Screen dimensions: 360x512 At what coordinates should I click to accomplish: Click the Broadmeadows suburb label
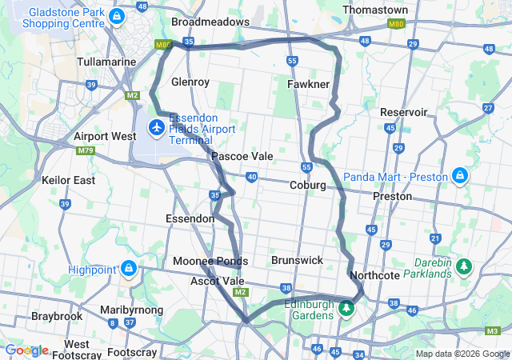(x=210, y=22)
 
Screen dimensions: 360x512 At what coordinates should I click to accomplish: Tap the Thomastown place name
(x=374, y=10)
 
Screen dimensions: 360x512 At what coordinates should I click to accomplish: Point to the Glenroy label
(x=190, y=82)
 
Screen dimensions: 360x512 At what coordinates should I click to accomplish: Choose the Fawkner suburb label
(x=308, y=82)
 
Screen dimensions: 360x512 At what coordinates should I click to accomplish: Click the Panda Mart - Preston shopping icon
(x=460, y=174)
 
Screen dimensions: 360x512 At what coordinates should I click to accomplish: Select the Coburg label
(x=307, y=185)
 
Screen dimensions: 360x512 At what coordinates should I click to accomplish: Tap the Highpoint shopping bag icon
(x=129, y=268)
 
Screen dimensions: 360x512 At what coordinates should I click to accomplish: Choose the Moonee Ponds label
(x=210, y=261)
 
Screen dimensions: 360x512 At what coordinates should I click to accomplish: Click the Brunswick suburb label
(x=297, y=260)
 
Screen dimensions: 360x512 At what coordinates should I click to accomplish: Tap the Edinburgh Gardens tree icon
(x=346, y=307)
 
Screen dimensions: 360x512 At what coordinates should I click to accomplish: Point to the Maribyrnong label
(x=131, y=310)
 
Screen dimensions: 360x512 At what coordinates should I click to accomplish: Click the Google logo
(x=26, y=350)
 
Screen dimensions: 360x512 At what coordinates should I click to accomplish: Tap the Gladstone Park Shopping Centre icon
(x=118, y=16)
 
